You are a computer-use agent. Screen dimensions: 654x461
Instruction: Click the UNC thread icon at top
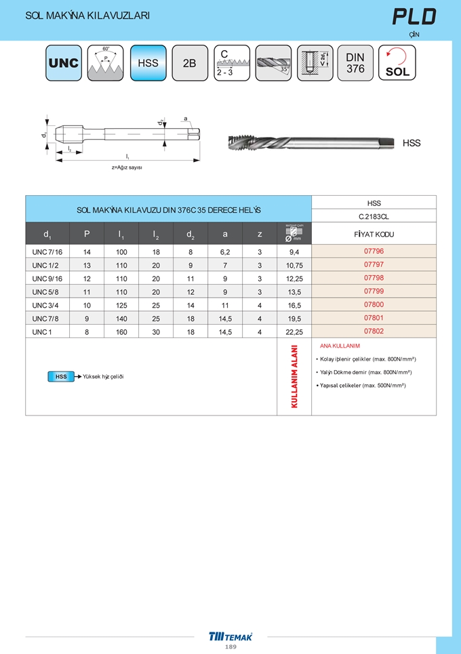[x=64, y=63]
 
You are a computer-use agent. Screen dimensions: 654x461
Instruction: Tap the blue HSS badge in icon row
[x=148, y=63]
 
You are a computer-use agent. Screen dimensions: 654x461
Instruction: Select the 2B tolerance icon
[x=190, y=63]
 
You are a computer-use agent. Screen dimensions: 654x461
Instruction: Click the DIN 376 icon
[x=355, y=63]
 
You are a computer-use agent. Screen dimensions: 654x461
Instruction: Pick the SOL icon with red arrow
[x=397, y=63]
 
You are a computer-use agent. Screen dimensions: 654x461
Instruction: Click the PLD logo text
[x=414, y=17]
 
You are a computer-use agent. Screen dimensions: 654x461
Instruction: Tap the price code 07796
[x=374, y=251]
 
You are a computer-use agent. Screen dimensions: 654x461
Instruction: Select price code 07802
[x=374, y=331]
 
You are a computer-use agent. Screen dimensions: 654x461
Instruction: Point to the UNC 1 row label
[x=42, y=331]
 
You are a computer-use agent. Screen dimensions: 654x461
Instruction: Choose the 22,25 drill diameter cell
[x=294, y=331]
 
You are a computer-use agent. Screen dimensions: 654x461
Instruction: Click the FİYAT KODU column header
[x=374, y=234]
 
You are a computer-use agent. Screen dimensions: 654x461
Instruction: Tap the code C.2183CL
[x=374, y=217]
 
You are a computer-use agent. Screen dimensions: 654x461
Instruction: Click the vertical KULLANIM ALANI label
[x=294, y=377]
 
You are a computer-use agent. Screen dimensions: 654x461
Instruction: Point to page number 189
[x=230, y=647]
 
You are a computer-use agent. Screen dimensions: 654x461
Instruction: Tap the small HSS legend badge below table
[x=61, y=376]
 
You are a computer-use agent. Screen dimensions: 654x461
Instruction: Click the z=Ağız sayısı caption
[x=127, y=167]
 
